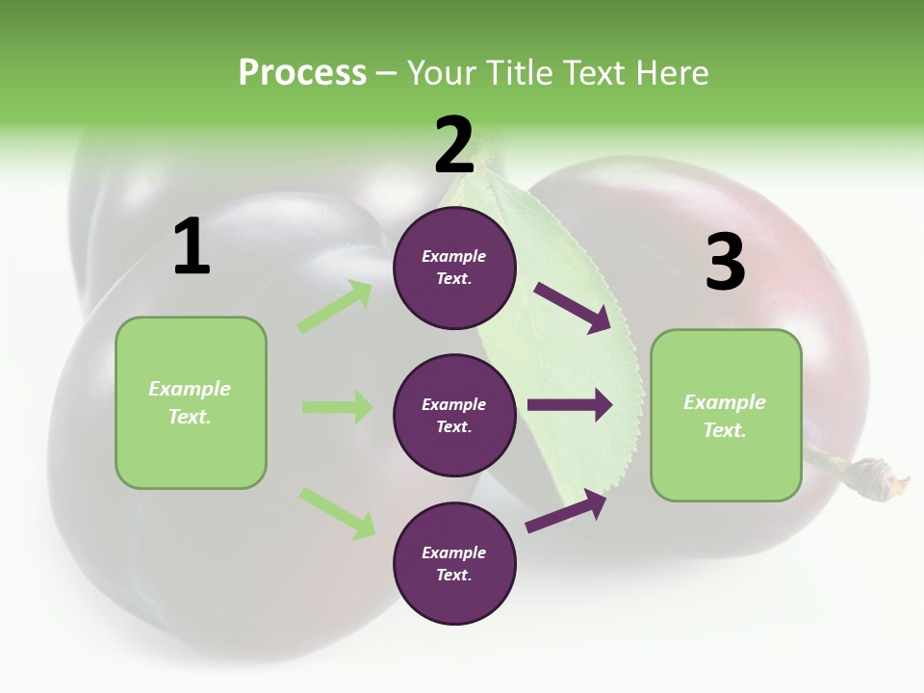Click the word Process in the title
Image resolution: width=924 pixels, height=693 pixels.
tap(302, 72)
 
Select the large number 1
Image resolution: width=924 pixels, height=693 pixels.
tap(192, 247)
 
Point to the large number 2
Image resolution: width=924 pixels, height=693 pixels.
tap(454, 144)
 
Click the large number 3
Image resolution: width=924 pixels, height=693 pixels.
tap(725, 262)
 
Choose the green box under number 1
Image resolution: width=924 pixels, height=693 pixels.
tap(191, 402)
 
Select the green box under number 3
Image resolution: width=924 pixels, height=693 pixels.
tap(726, 415)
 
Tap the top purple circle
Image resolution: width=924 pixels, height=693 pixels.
tap(454, 268)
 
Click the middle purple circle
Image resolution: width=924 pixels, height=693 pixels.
tap(454, 415)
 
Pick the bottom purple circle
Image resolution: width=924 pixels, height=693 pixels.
tap(454, 563)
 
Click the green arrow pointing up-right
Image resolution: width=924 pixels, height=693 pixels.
tap(335, 306)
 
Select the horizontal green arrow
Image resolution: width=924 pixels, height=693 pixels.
tap(337, 407)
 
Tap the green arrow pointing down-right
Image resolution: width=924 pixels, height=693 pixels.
tap(337, 513)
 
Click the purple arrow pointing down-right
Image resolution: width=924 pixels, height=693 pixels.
tap(572, 307)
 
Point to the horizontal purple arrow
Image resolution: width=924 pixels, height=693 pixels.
tap(570, 405)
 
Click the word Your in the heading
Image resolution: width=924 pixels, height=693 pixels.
tap(439, 72)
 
